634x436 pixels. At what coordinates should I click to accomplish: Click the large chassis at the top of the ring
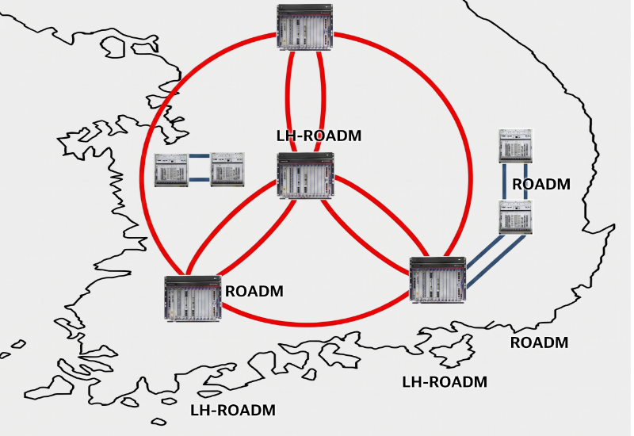tap(305, 27)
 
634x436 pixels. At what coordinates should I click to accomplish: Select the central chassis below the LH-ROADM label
tap(305, 175)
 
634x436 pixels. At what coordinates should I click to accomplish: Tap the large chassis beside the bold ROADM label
tap(193, 299)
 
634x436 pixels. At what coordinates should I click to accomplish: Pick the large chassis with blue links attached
tap(438, 280)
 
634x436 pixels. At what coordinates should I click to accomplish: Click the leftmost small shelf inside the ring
tap(171, 170)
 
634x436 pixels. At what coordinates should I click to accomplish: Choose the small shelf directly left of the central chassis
tap(227, 170)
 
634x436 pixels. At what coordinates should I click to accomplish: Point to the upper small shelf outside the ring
tap(515, 146)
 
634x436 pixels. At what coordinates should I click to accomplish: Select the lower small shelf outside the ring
tap(515, 217)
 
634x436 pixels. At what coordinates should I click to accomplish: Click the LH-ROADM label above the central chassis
tap(319, 136)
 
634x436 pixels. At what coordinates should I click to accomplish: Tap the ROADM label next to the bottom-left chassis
tap(254, 292)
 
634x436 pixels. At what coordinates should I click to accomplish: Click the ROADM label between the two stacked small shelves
tap(541, 185)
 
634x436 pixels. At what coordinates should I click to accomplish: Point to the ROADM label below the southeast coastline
tap(539, 342)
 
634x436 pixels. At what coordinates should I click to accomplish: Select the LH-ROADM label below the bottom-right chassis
tap(445, 382)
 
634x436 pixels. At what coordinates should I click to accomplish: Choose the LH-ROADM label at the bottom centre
tap(233, 410)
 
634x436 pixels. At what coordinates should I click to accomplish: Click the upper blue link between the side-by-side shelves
tap(200, 155)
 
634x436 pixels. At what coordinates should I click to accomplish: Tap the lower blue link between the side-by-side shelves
tap(200, 180)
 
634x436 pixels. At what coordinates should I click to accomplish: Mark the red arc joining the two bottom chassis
tap(315, 323)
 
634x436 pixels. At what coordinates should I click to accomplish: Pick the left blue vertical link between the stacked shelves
tap(505, 182)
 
